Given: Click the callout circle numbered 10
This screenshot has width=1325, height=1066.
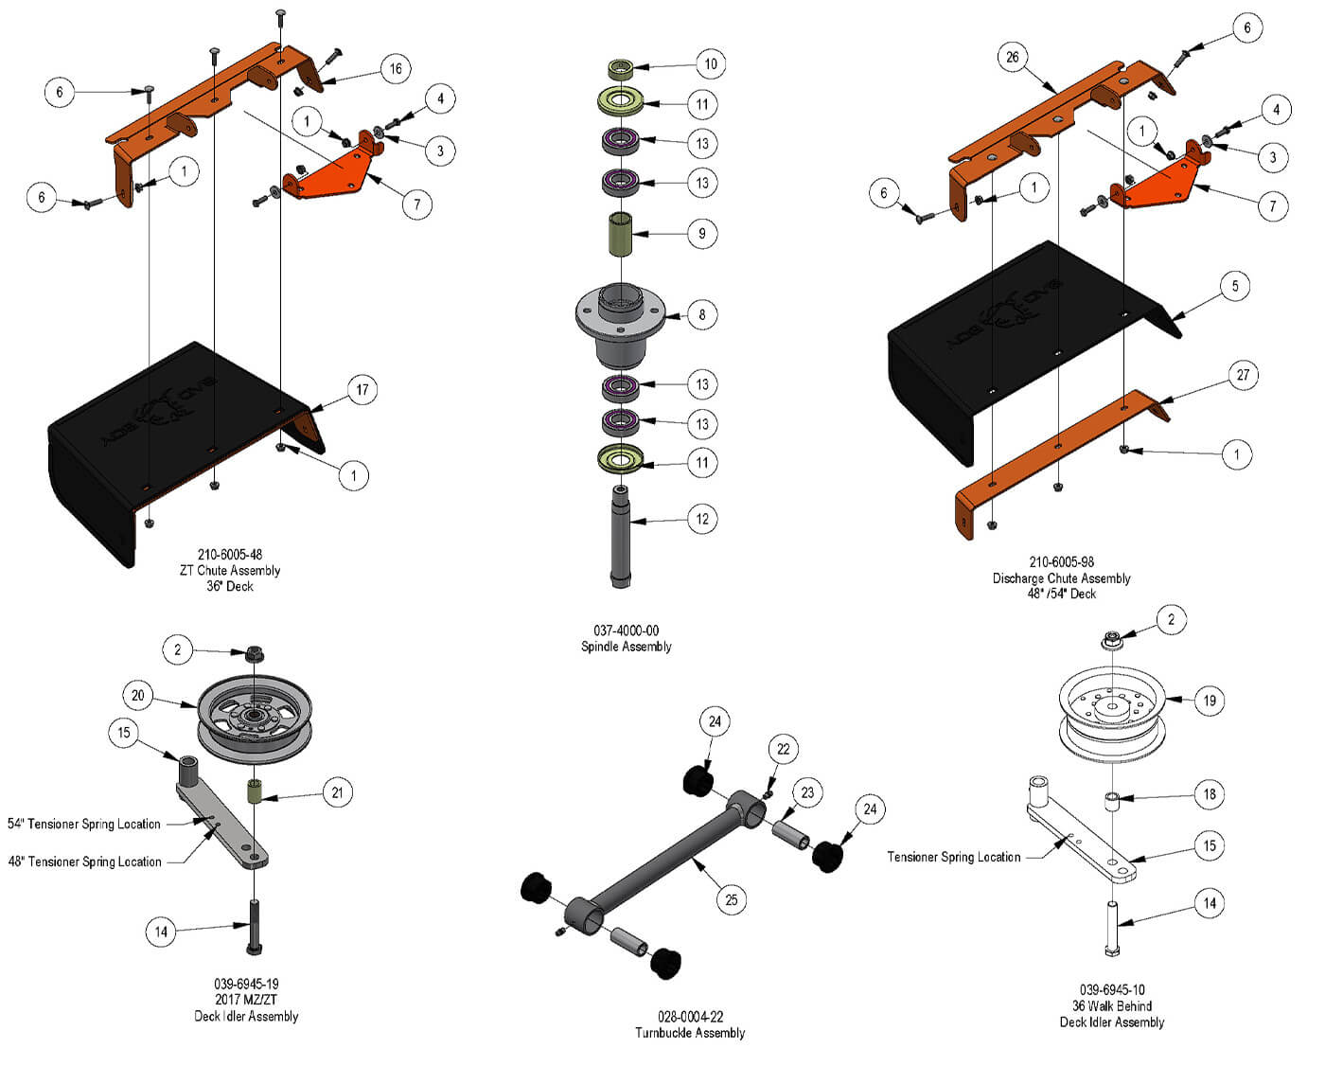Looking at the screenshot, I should coord(711,64).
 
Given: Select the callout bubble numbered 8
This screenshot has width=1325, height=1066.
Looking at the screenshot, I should coord(701,314).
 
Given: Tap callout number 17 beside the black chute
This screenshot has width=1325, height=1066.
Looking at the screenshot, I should coord(362,389).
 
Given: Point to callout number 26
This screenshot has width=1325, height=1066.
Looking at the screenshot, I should coord(1013,58).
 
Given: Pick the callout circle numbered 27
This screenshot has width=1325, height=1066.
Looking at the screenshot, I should coord(1243,375).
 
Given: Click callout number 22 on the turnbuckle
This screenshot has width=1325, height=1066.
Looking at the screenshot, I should coord(783,749).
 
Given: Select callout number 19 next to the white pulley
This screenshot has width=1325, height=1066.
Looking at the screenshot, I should coord(1210,701).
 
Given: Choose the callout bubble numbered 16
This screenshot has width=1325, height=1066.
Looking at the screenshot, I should coord(396,68).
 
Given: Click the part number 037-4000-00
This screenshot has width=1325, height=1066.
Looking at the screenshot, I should coord(626,631).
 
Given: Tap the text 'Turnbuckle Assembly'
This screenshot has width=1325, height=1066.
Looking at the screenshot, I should coord(690,1033).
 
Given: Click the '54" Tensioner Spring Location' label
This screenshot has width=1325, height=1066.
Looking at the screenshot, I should coord(84,824).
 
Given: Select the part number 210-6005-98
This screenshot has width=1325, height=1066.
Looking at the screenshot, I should coord(1062,561).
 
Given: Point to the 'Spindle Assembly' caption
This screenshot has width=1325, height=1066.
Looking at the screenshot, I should coord(626,647).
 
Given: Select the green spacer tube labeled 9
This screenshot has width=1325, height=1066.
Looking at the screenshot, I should coord(621,234).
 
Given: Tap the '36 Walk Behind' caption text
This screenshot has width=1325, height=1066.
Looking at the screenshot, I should coord(1111,1005).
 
